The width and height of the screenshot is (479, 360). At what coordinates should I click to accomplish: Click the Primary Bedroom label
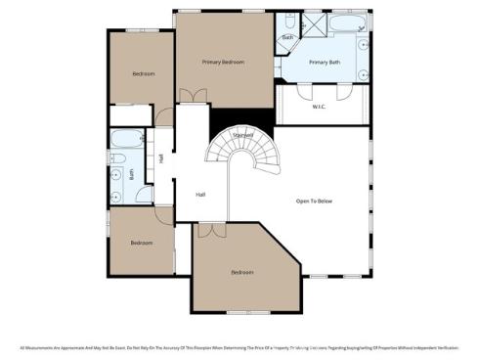[x=223, y=63]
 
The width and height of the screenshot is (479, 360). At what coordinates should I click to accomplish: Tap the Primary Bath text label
[x=324, y=63]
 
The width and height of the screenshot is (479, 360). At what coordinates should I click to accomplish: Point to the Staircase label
[x=243, y=134]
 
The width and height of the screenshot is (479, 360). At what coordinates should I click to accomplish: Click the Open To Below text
[x=315, y=201]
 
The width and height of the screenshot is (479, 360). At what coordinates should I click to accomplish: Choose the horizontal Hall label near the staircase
[x=200, y=194]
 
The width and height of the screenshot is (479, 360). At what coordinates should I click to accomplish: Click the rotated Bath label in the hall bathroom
[x=132, y=176]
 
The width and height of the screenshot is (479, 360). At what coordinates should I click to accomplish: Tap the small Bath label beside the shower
[x=287, y=38]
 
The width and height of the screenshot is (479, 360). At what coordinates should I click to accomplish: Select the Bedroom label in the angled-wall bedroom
[x=242, y=272]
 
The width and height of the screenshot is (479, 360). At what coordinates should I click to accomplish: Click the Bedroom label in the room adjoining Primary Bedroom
[x=143, y=74]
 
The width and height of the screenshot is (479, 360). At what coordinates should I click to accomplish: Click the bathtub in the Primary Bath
[x=343, y=22]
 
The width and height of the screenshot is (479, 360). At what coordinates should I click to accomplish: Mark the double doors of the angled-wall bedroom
[x=206, y=231]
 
